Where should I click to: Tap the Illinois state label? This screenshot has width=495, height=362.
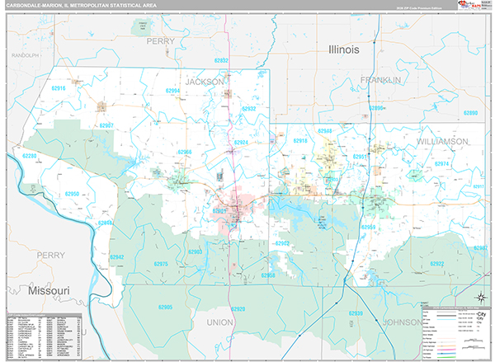343,49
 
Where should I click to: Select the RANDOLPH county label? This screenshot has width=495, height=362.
25,55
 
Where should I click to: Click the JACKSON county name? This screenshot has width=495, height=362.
204,82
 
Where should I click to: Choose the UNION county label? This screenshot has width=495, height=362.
220,322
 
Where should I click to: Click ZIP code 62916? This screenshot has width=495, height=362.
58,87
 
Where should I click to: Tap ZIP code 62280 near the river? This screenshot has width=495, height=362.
31,156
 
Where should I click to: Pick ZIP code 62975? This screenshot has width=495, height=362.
161,264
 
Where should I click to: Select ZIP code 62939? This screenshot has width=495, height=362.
356,314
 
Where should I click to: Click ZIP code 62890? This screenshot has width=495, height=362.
469,113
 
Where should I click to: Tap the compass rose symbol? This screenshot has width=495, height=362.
481,298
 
